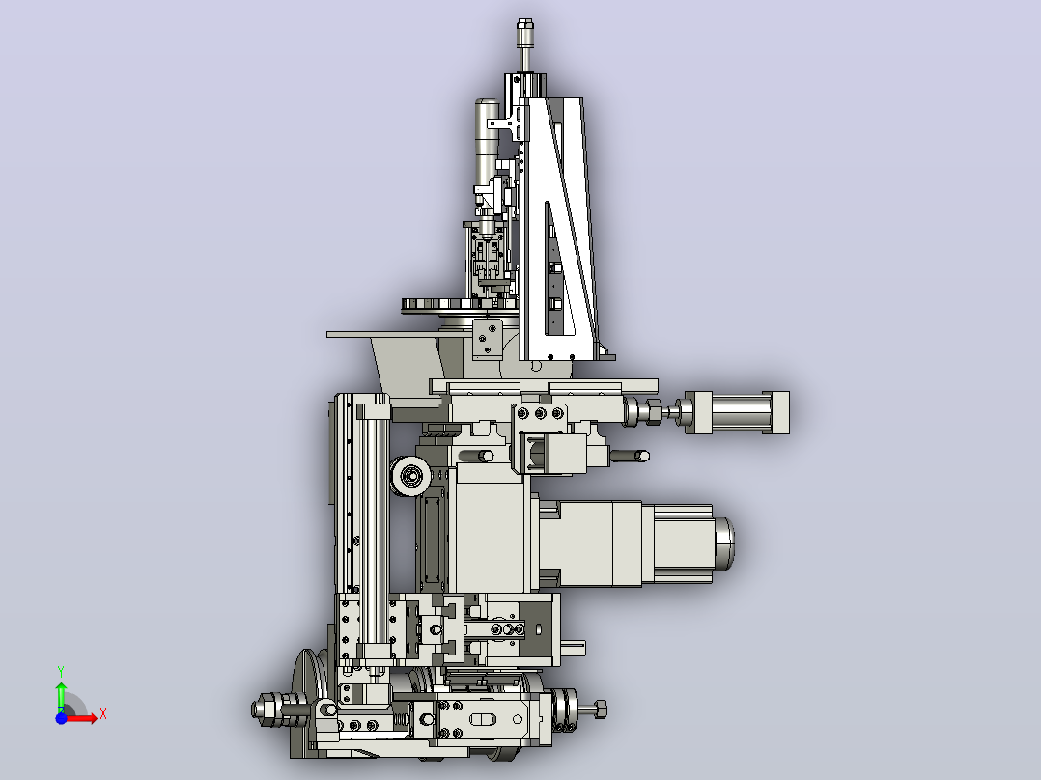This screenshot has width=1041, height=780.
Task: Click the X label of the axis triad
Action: [x=103, y=714]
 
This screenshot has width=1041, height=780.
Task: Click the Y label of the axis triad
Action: [x=61, y=672]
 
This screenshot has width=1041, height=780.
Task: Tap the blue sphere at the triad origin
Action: [x=61, y=718]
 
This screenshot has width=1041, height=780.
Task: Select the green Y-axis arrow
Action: [x=61, y=697]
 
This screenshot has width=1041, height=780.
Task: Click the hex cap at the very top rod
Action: [x=524, y=29]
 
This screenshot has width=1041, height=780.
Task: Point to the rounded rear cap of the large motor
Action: [x=723, y=543]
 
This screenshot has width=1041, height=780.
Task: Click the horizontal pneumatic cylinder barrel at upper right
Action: [x=737, y=412]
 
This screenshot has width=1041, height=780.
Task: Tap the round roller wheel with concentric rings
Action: [x=410, y=476]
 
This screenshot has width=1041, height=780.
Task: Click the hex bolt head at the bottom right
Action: [x=600, y=710]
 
